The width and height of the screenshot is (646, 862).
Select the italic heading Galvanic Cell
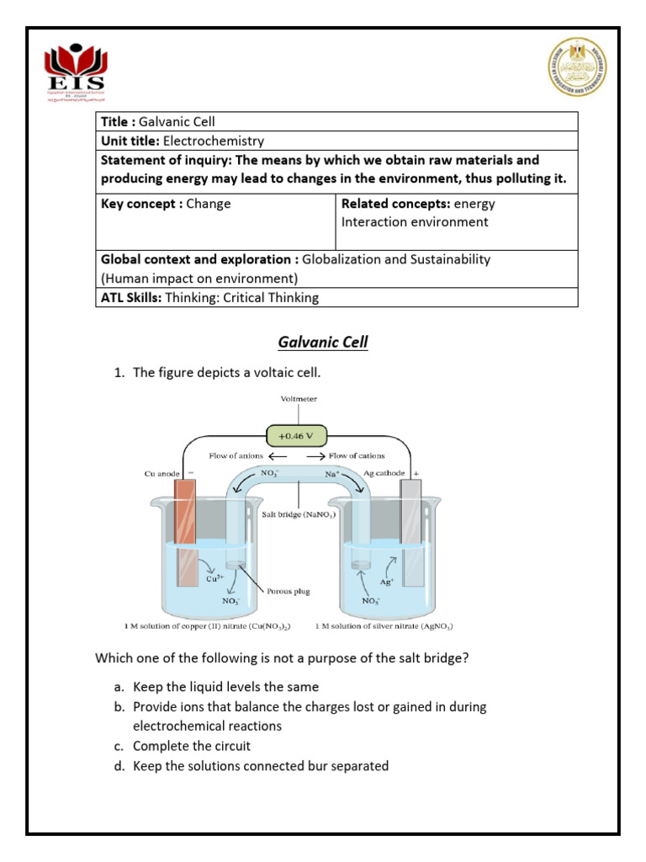(323, 342)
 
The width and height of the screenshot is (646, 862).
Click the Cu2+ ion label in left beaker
(215, 579)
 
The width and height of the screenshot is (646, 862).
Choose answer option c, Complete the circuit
(192, 746)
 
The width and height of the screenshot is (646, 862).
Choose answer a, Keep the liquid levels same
(225, 687)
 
